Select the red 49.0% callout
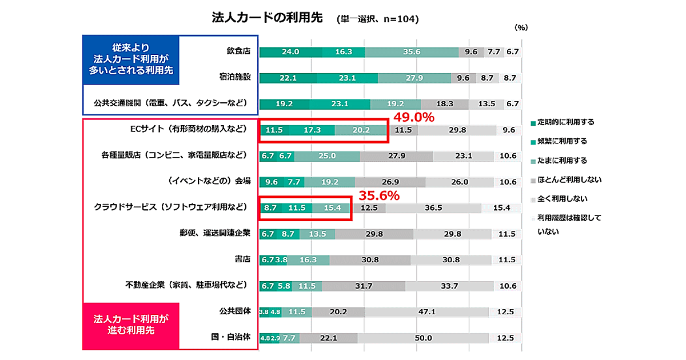point(413,117)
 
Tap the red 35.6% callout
point(378,195)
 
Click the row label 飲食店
point(238,51)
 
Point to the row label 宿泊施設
point(234,77)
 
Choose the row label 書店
point(242,259)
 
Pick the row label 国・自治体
point(232,337)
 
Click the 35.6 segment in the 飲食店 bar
point(412,51)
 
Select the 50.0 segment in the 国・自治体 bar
point(423,338)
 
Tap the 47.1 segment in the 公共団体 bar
point(427,312)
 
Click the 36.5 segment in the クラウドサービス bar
point(433,208)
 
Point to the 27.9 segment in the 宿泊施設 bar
point(414,78)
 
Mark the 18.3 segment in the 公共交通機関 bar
point(444,104)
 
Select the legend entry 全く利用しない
point(563,199)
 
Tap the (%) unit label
point(521,27)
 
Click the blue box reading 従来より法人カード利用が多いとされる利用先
point(131,60)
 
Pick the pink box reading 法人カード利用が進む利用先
point(131,324)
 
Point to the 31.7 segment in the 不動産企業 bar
point(364,286)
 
